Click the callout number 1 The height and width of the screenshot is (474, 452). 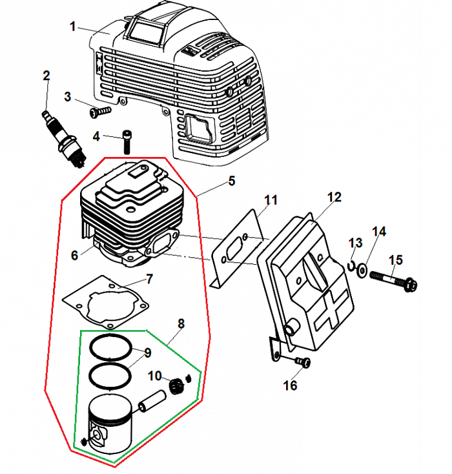coord(73,26)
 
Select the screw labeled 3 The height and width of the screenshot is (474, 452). coord(99,112)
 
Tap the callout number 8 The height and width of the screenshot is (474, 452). coord(181,324)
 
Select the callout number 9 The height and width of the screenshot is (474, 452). coord(147,353)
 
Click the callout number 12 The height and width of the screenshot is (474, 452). coord(333,197)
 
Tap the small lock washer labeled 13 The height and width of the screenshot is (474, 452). coord(351,265)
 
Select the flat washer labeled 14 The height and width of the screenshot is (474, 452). coord(362,269)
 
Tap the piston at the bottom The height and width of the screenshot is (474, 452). coord(110,423)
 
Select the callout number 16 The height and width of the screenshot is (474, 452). coord(290,386)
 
